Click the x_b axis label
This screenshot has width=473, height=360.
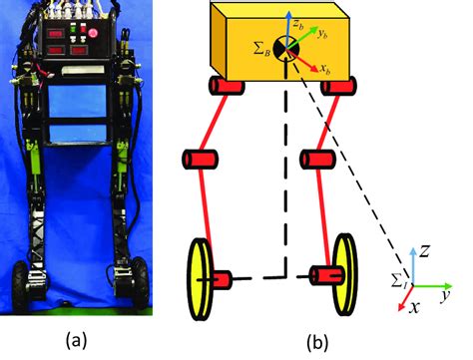click(x=325, y=71)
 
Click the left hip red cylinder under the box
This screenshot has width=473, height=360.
click(x=230, y=87)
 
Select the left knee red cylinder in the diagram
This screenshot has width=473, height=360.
click(x=199, y=159)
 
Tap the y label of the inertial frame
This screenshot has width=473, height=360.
click(x=448, y=296)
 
